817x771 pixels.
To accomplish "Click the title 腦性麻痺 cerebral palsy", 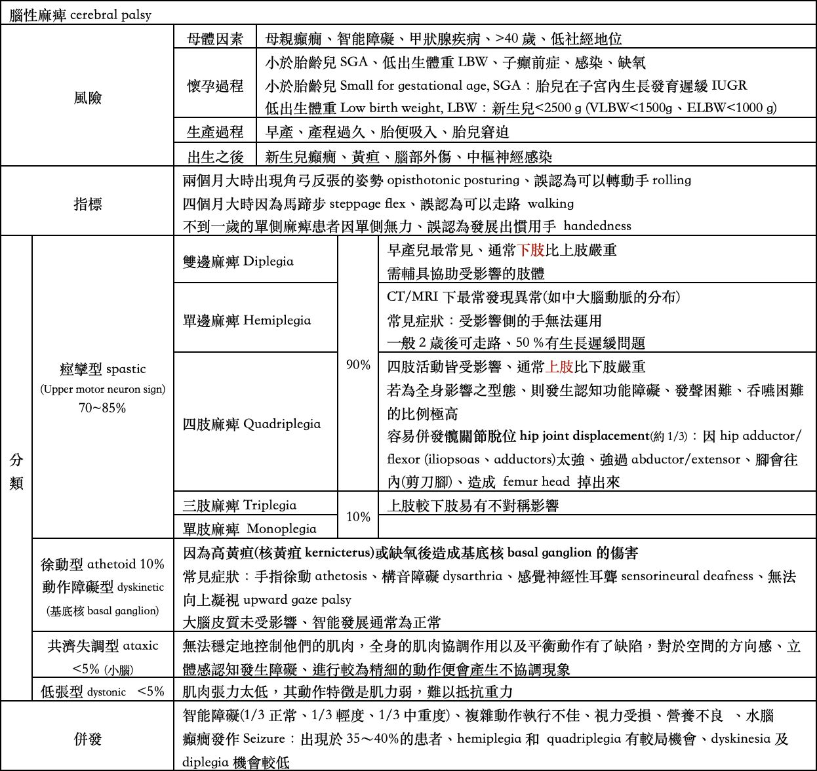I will (80, 15).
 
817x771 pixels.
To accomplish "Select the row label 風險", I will (87, 98).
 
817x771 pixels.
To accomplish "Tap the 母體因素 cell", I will (215, 39).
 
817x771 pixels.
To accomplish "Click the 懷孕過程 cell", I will (215, 86).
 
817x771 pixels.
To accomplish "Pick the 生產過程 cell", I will (215, 132).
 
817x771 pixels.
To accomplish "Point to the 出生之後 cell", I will (215, 157).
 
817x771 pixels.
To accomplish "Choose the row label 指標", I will (87, 204).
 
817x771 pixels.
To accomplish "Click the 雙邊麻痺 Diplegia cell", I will (238, 262).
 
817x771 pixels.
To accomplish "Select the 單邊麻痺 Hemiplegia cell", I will (247, 321).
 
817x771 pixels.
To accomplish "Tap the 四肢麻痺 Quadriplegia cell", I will (252, 424).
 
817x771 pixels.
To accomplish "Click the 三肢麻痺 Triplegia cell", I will (239, 505).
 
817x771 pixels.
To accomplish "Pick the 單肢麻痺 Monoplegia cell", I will (249, 528).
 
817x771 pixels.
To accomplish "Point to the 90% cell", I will (358, 365).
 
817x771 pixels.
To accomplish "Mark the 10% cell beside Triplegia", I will (358, 517).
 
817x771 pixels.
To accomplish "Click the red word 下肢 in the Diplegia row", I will (531, 250).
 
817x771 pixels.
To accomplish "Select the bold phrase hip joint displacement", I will (584, 436).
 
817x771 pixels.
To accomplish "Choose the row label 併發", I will (87, 739).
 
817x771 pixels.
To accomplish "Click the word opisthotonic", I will (428, 180).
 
